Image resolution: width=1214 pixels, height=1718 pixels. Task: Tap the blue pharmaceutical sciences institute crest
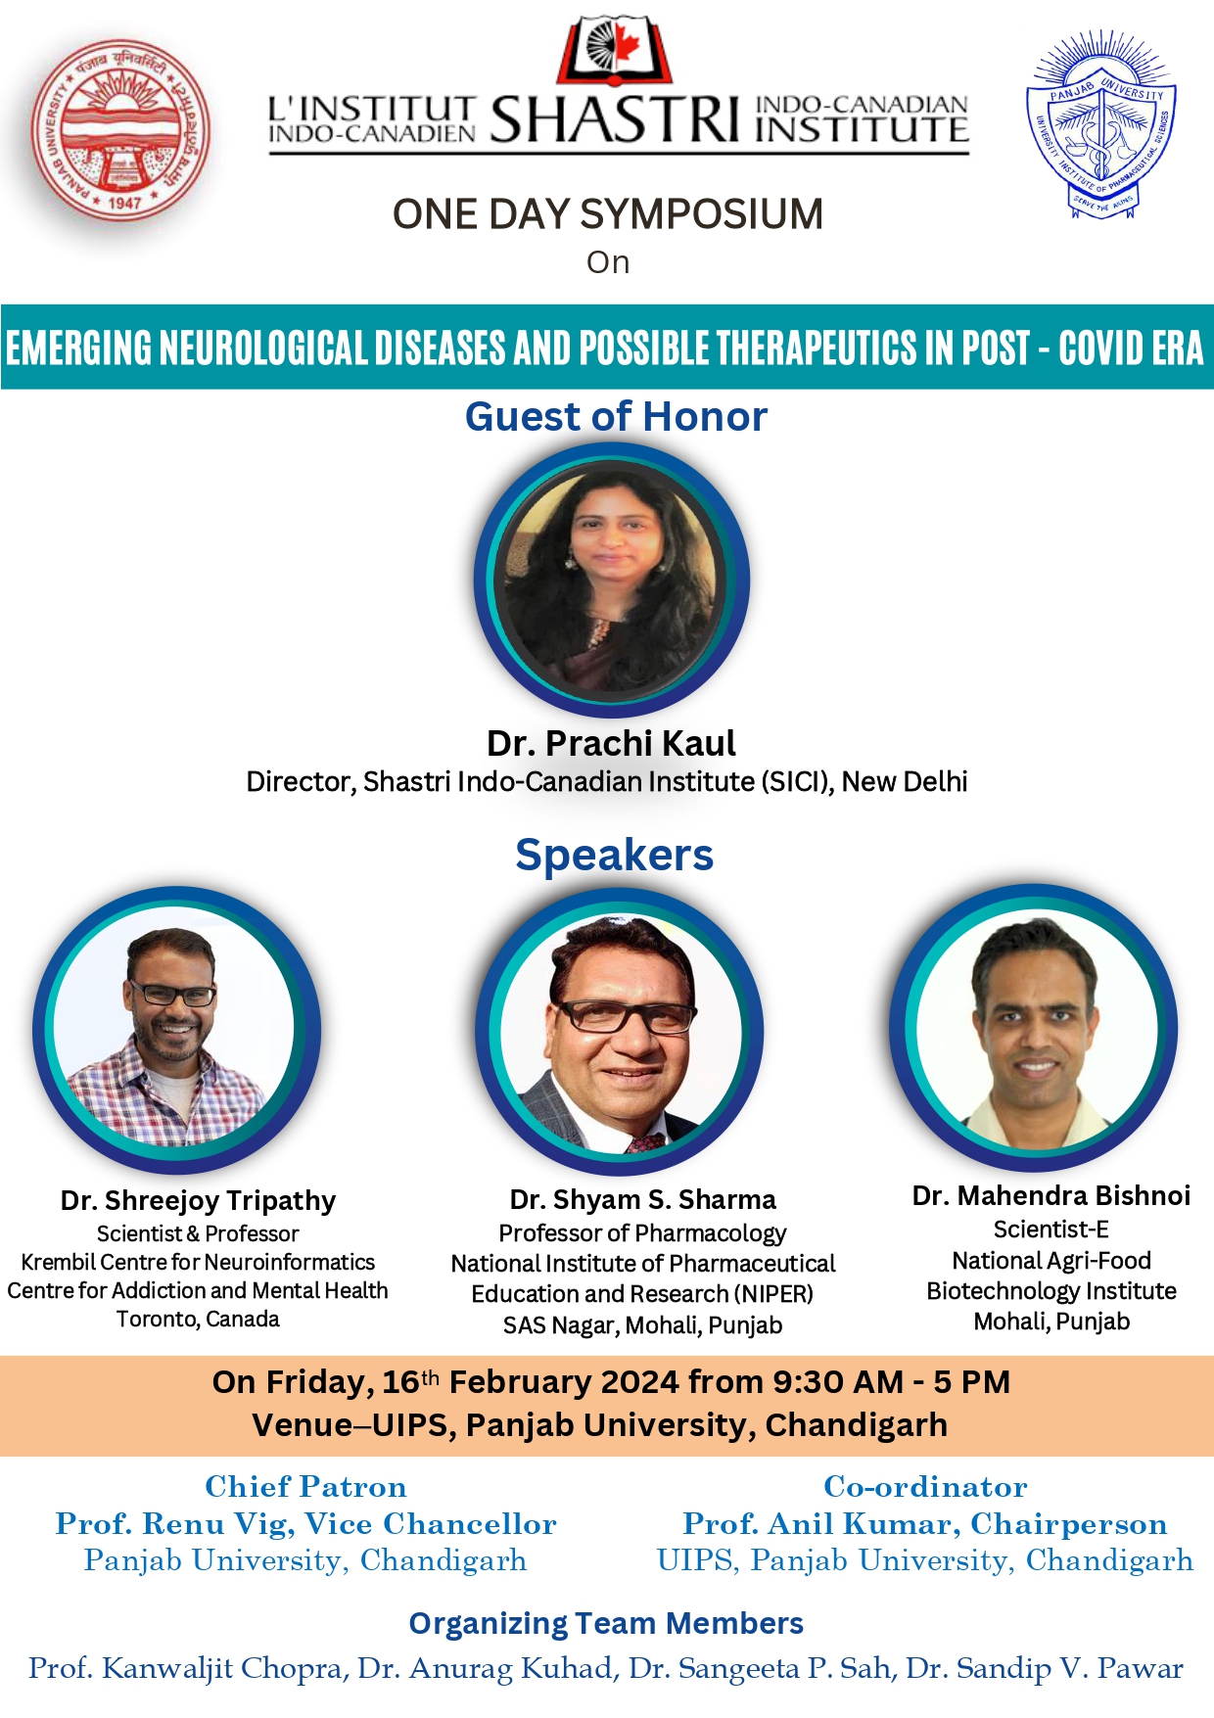(1101, 124)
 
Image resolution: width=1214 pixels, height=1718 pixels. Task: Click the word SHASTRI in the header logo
(614, 120)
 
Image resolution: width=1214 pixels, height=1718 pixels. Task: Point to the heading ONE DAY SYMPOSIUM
(607, 214)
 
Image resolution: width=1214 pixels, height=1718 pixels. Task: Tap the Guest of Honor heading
(615, 416)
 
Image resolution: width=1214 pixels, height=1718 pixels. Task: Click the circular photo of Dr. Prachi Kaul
(611, 580)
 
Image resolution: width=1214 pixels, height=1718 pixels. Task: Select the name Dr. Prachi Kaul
(611, 743)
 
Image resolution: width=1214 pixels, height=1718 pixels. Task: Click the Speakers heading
(614, 855)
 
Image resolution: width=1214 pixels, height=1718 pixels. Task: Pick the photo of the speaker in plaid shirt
(176, 1030)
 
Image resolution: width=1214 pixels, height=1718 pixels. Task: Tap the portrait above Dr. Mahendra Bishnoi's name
(1033, 1028)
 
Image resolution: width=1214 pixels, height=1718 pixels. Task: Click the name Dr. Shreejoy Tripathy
(198, 1200)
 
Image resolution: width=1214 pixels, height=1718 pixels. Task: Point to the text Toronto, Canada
(198, 1319)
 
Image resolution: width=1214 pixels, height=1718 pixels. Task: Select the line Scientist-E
(1051, 1229)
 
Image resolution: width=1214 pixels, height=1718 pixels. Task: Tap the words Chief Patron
(305, 1486)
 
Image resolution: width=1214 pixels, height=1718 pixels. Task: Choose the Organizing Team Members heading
(606, 1623)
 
